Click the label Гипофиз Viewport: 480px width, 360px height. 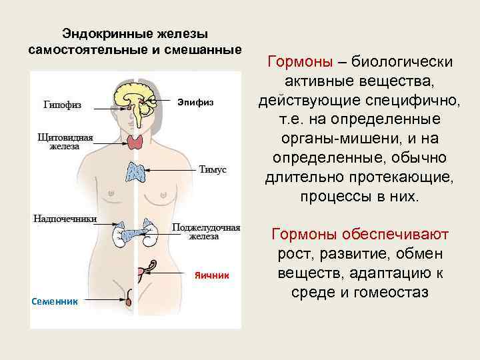coord(63,105)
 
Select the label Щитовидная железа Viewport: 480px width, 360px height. coord(65,142)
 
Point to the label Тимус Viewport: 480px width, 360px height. coord(213,170)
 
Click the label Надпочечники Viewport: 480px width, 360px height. coord(65,219)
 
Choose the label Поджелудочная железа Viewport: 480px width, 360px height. coord(206,231)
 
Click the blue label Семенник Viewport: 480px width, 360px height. coord(55,302)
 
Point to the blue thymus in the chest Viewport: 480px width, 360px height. coord(137,172)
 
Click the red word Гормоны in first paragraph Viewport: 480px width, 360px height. coord(299,63)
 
